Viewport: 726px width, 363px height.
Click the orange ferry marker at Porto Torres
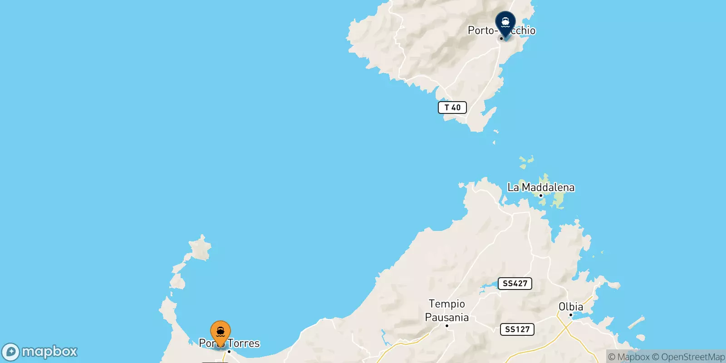tap(221, 332)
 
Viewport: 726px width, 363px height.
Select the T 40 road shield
tap(452, 108)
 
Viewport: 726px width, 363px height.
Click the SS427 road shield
tap(515, 284)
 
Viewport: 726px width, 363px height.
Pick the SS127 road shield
tap(517, 329)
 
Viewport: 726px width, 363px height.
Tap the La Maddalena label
tap(541, 187)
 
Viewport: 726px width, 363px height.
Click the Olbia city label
tap(571, 307)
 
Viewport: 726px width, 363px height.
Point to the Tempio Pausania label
tap(447, 310)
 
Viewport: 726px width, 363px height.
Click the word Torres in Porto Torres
tap(244, 343)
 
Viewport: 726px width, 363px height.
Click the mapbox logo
tap(40, 352)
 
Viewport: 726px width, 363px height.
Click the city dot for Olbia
tap(571, 315)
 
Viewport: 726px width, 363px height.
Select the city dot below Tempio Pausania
tap(447, 326)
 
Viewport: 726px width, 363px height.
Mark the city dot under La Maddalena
tap(541, 196)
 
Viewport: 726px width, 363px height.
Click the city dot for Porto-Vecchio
tap(501, 39)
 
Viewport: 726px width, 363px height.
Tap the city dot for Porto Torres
tap(229, 352)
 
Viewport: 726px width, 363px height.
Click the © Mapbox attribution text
tap(629, 357)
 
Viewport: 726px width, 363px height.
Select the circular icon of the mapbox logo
tap(11, 352)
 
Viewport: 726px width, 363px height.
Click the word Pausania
tap(447, 317)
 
